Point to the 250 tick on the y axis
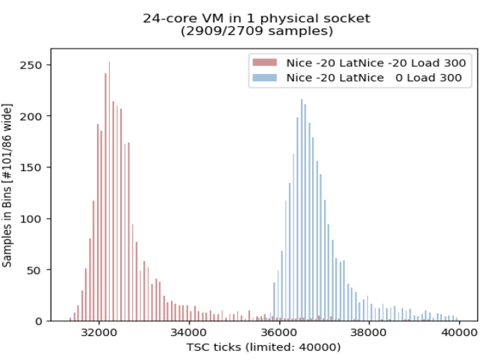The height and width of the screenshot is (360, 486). (34, 64)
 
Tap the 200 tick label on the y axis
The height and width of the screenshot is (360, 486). (34, 116)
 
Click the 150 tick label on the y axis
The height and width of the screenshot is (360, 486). (34, 167)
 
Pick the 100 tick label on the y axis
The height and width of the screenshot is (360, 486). (34, 219)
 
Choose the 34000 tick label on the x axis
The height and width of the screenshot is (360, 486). (190, 334)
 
